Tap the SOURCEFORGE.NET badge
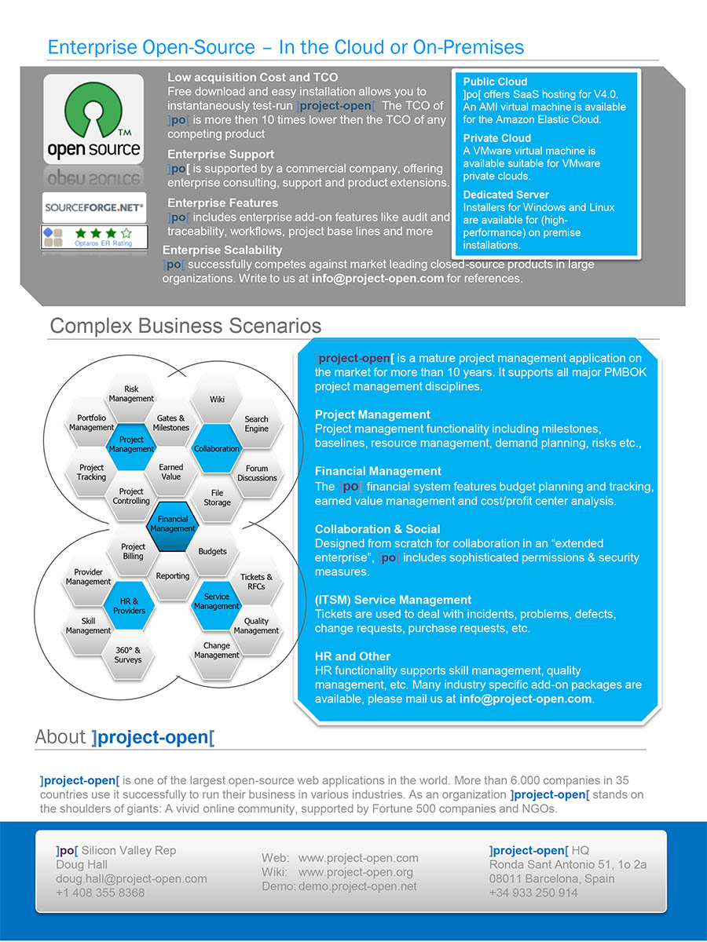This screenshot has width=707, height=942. coord(93,208)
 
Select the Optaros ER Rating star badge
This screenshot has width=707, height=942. coord(93,237)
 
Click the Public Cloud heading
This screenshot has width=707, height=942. coord(495,82)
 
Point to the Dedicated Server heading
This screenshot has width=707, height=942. coord(506,195)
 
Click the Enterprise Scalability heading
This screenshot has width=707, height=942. coord(222,250)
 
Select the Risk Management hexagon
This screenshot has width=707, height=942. coord(131,394)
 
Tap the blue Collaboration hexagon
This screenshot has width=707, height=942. coord(216,448)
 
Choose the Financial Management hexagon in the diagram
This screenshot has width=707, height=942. coord(173,524)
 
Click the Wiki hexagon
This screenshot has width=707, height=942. coord(217,400)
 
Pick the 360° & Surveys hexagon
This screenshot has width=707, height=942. coord(128,655)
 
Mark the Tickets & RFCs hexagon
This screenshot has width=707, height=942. coord(256,582)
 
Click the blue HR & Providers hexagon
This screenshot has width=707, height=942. coord(129,605)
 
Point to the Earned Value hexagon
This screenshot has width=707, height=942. coord(170,472)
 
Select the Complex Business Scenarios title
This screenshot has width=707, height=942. coord(185,326)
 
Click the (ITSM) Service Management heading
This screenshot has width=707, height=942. coord(393,600)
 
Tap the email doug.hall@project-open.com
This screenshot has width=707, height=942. coord(131,878)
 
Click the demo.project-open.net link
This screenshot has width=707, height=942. coord(358,886)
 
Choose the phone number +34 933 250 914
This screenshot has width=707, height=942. coord(533,893)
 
